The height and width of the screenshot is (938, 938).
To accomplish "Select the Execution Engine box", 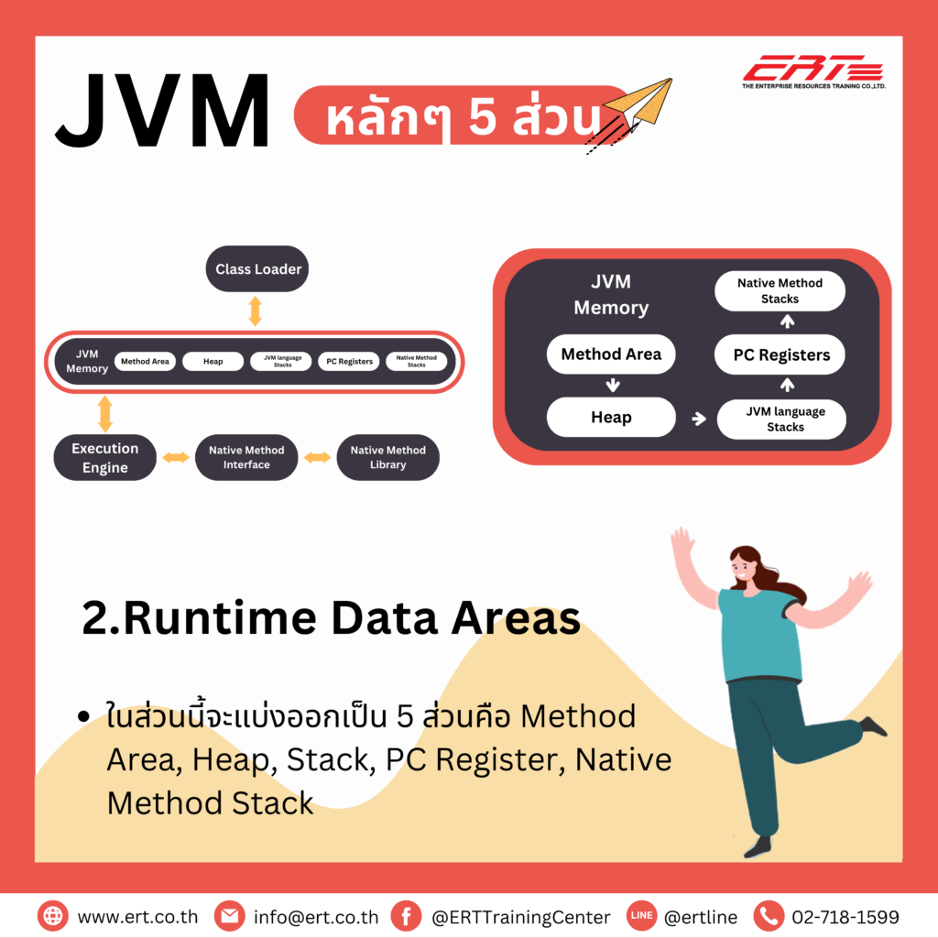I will [104, 458].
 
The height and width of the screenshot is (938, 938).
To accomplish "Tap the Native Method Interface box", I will [246, 457].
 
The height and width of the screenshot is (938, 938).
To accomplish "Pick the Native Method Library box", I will [387, 457].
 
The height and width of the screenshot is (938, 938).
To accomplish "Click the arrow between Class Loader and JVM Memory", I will [256, 311].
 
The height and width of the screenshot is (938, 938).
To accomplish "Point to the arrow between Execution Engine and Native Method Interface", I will [176, 457].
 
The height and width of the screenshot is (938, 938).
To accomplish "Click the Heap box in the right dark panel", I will [611, 418].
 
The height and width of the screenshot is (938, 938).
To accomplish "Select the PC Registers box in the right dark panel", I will [781, 355].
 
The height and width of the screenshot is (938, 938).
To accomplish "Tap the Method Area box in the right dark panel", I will [611, 354].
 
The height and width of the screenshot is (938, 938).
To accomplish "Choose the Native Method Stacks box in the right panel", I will [780, 291].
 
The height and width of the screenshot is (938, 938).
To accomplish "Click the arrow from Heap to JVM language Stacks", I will [700, 419].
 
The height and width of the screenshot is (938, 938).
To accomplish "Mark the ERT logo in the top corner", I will [813, 72].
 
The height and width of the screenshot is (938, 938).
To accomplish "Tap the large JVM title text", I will [163, 112].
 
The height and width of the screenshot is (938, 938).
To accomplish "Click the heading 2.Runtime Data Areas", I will [331, 619].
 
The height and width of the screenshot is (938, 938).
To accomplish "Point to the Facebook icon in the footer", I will [406, 916].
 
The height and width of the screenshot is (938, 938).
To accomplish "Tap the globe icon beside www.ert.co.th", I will [53, 916].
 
